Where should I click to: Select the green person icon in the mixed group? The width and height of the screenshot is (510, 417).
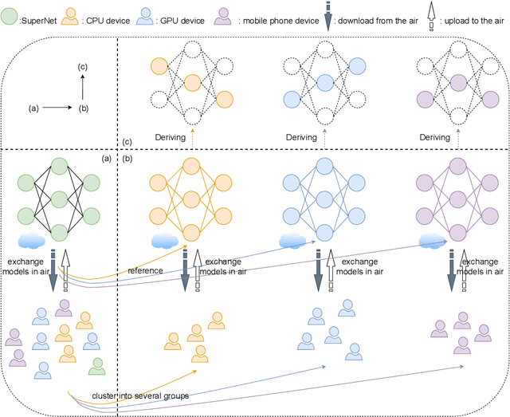96,365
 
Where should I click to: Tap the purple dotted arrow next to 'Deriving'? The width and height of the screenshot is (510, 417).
458,138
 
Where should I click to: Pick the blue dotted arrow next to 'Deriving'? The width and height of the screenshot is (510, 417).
325,138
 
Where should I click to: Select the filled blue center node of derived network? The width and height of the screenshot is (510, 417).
324,81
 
